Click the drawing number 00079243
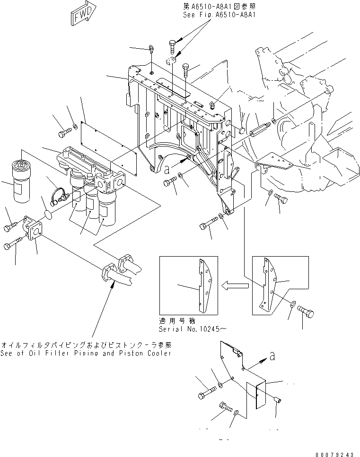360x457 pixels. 334,452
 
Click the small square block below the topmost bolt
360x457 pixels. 172,61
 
